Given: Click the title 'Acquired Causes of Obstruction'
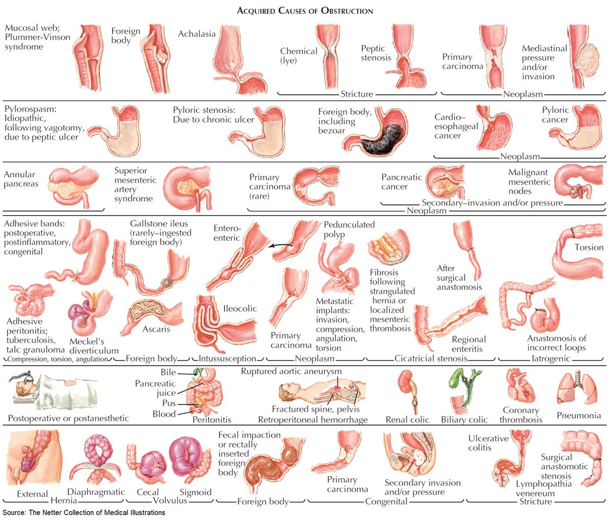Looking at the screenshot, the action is pyautogui.click(x=305, y=10).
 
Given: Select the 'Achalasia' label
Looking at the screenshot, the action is pyautogui.click(x=196, y=34).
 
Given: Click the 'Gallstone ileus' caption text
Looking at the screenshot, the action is pyautogui.click(x=159, y=223).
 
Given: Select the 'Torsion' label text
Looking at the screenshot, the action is pyautogui.click(x=588, y=247).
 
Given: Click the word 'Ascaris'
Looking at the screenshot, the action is pyautogui.click(x=156, y=329).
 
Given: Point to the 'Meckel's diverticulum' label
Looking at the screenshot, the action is pyautogui.click(x=94, y=346).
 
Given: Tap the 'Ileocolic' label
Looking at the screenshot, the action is pyautogui.click(x=239, y=308).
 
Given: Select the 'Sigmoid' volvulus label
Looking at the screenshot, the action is pyautogui.click(x=195, y=492).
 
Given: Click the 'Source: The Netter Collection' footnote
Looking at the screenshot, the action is pyautogui.click(x=84, y=512).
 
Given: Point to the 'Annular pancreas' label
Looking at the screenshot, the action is pyautogui.click(x=20, y=179).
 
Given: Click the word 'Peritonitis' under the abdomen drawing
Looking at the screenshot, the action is pyautogui.click(x=211, y=420).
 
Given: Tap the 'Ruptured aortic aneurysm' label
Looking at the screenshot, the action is pyautogui.click(x=291, y=371).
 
